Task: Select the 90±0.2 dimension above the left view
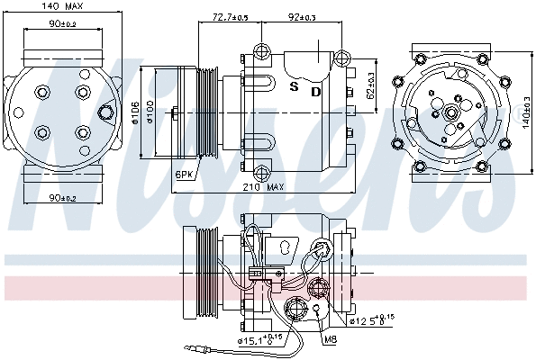point(41,24)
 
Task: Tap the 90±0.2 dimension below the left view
point(41,197)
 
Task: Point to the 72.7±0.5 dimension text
point(231,17)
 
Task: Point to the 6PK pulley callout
point(184,173)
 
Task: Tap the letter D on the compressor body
point(316,91)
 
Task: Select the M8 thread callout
point(330,339)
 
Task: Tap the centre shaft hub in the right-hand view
point(449,112)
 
